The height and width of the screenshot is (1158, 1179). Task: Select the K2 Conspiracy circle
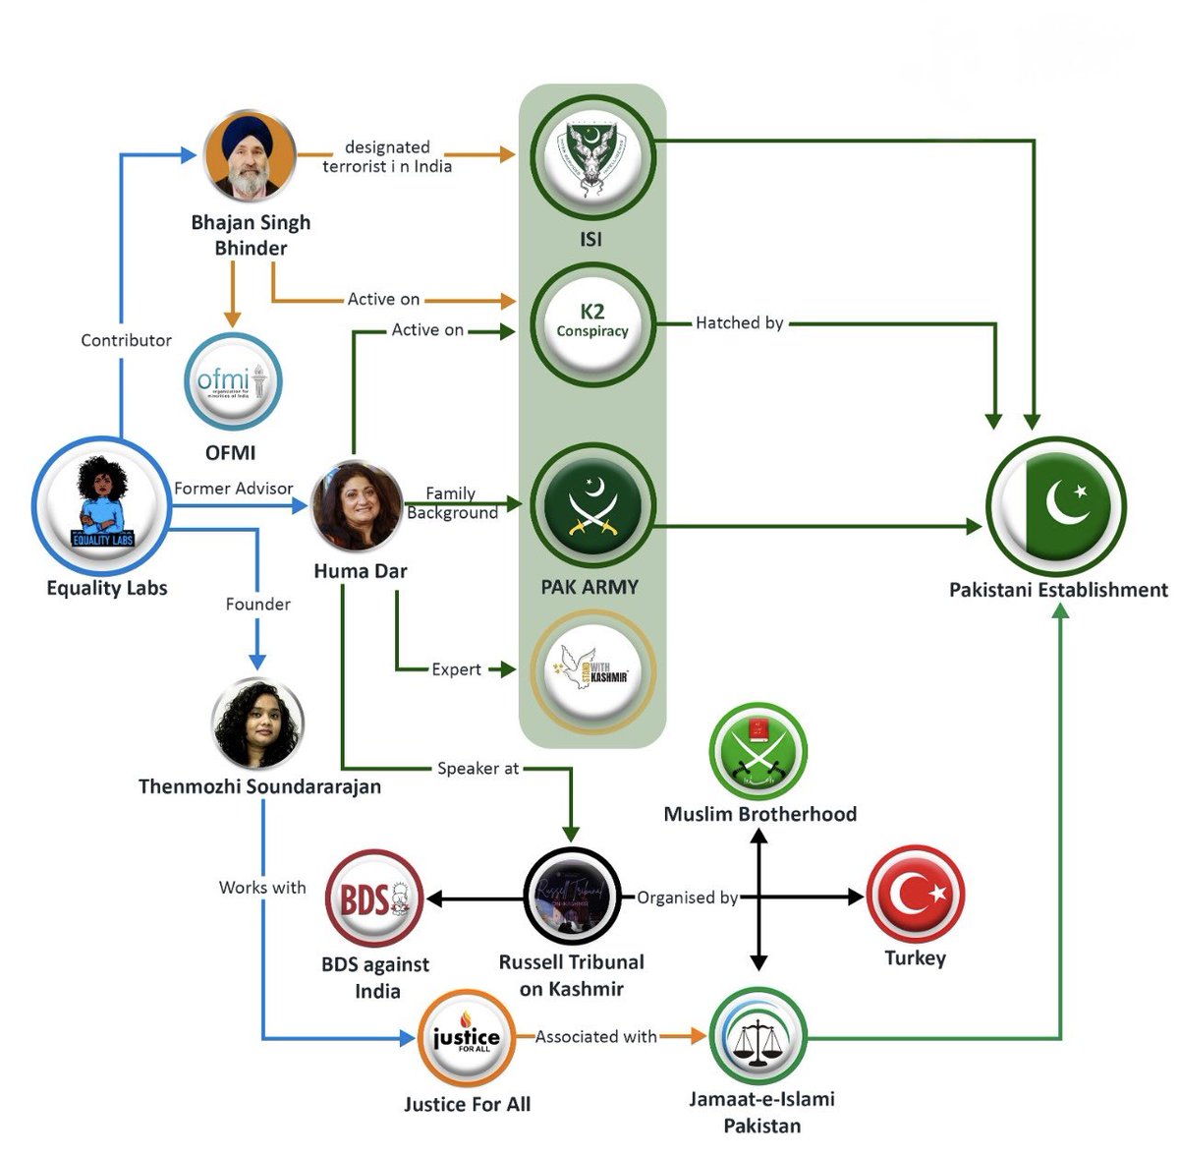[591, 321]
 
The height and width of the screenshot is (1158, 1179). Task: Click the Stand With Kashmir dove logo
[591, 671]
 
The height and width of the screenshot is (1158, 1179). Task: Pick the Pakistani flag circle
[1056, 507]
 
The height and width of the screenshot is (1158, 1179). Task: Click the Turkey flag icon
[915, 895]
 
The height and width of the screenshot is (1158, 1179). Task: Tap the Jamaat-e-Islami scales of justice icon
[758, 1037]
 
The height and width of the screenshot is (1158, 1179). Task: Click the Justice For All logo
[467, 1038]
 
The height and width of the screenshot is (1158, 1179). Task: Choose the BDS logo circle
[374, 898]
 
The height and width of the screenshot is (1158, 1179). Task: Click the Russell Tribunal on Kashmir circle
[572, 897]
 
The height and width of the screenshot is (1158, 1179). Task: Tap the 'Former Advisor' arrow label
[234, 489]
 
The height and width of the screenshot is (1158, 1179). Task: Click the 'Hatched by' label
[739, 322]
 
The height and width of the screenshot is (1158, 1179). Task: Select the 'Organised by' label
[687, 897]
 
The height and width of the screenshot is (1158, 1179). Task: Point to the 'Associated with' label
[595, 1036]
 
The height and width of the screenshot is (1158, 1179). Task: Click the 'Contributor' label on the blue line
[126, 340]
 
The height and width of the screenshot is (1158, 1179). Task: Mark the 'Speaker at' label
[477, 769]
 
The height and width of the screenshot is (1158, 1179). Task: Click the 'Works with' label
[262, 887]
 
